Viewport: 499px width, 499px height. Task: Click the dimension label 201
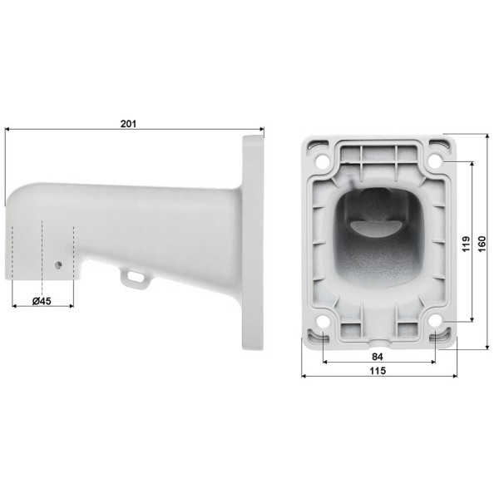click(127, 123)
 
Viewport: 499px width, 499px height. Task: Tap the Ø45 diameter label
click(43, 301)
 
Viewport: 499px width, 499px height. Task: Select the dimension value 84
click(379, 358)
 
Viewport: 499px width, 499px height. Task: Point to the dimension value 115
click(379, 372)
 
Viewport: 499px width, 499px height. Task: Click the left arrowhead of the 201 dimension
click(7, 130)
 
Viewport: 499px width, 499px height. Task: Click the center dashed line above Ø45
click(42, 249)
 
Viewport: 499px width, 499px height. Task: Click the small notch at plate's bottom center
click(379, 341)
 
